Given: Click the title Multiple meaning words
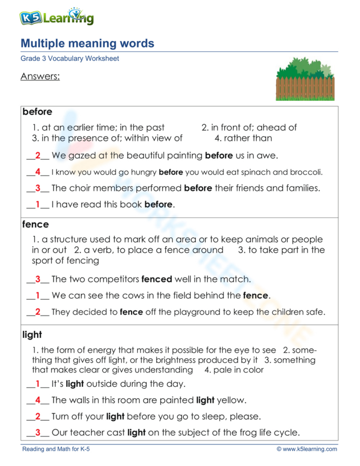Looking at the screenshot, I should coord(88,44).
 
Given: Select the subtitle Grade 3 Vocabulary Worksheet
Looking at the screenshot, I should coord(70,58).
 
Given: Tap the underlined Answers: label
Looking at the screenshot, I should coord(40,77).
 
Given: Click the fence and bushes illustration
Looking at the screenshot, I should coord(305,79).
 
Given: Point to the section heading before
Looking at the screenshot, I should coord(37,112).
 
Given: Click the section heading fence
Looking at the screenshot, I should coord(36,224).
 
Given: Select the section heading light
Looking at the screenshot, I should coord(32,335).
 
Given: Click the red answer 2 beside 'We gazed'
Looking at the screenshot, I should coord(38,156).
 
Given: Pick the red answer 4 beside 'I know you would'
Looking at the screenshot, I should coord(38,173).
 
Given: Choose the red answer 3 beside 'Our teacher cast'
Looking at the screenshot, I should coord(38,432).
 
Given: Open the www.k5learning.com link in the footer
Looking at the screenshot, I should coord(311,449).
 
